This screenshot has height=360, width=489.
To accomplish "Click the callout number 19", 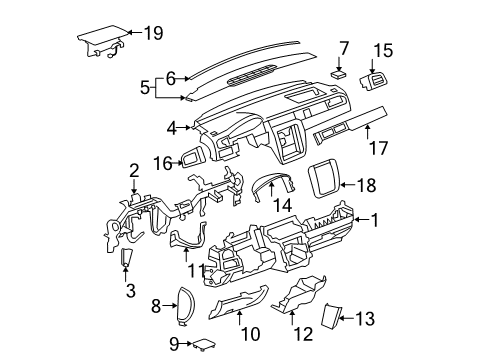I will pyautogui.click(x=152, y=33).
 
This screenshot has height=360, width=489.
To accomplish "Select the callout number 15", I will pyautogui.click(x=383, y=49).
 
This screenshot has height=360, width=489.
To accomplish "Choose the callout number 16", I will pyautogui.click(x=163, y=160).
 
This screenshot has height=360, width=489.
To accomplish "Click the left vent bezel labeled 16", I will pyautogui.click(x=192, y=158).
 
